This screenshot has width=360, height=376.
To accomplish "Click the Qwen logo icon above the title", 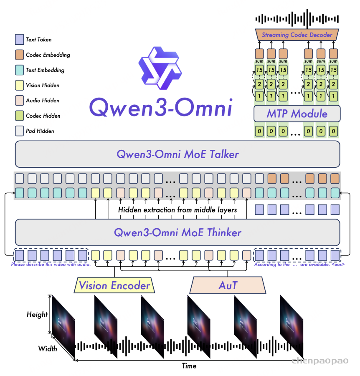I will point(160,69).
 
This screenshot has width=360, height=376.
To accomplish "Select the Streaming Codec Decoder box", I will point(297,35).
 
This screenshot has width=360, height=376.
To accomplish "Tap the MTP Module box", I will point(297,114).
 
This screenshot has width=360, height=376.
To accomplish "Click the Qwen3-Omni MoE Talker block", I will point(177,154).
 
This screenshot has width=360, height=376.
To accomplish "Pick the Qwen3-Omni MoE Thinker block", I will point(177,232).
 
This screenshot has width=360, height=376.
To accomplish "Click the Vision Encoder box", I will point(114,286).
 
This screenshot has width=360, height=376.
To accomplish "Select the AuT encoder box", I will point(228,286).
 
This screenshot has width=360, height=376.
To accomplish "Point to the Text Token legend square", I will point(19,40).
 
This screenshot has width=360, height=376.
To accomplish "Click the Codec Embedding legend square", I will point(19,55).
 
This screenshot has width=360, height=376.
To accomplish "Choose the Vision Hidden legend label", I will point(43,86).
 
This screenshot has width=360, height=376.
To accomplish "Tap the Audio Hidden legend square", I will point(19,101).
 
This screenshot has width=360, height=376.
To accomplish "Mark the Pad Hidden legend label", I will point(40,131).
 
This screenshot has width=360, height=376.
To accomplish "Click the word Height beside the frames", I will point(37,315).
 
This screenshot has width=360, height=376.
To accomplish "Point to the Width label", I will point(48,348).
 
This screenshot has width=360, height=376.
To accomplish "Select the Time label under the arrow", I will point(189,366).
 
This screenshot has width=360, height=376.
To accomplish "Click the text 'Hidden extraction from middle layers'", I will point(177,210).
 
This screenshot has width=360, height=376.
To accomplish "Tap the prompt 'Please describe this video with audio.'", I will point(51,265).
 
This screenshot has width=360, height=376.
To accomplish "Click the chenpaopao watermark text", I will point(320,361).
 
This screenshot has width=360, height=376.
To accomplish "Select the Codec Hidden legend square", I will point(19,116).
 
